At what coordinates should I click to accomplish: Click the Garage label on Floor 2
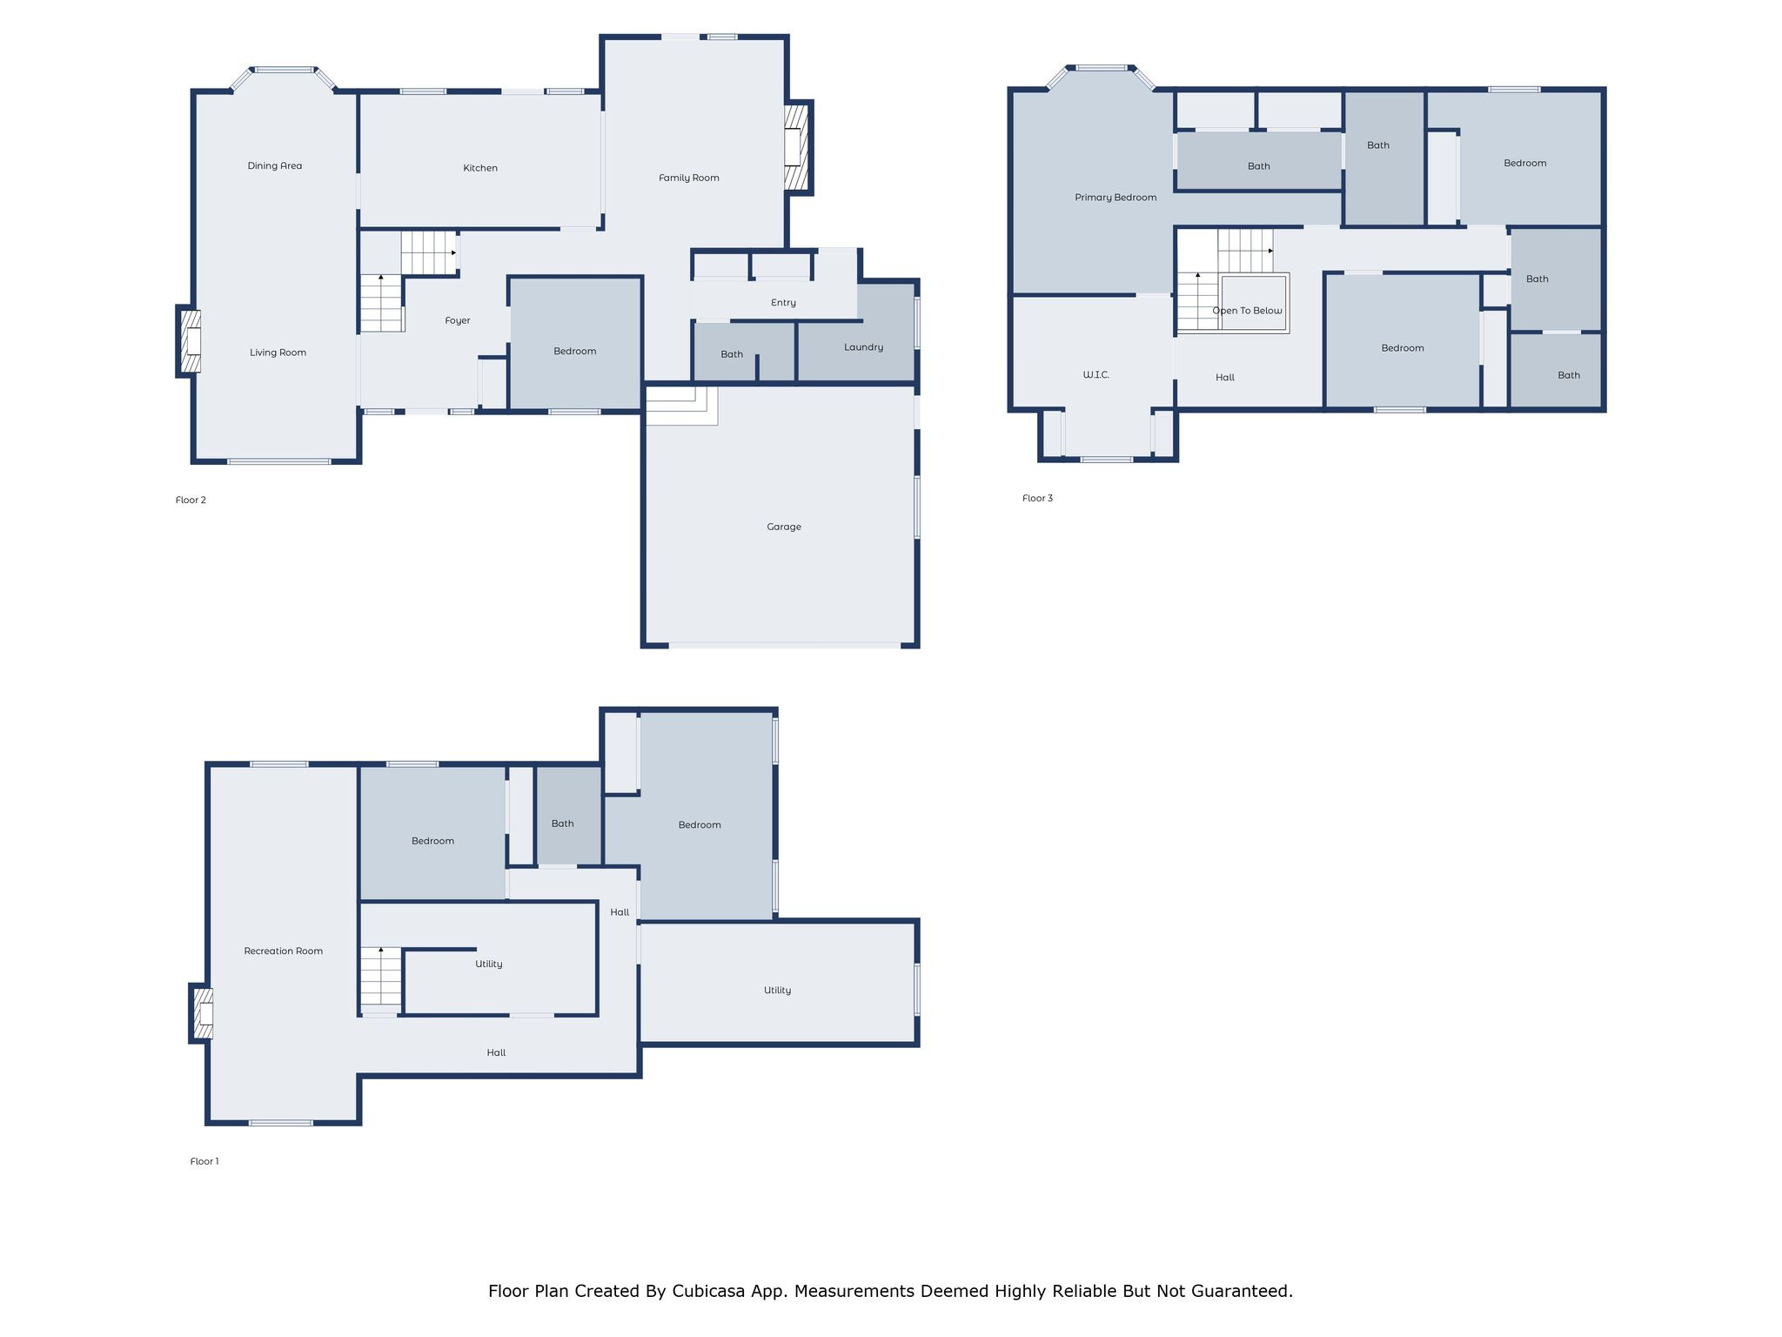[x=783, y=527]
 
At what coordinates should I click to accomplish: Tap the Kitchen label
[x=479, y=168]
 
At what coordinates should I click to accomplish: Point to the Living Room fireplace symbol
[x=191, y=341]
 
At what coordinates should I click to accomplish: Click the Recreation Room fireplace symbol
[x=203, y=1013]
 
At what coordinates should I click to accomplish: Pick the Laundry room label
[x=863, y=347]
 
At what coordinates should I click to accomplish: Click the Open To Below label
[x=1247, y=311]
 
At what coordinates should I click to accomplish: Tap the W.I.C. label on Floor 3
[x=1095, y=375]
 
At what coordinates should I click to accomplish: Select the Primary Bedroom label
[x=1115, y=198]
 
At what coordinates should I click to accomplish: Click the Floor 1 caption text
[x=204, y=1161]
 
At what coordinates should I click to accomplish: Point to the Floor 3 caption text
[x=1037, y=498]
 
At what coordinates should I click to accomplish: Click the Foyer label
[x=457, y=320]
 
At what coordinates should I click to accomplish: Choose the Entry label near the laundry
[x=783, y=303]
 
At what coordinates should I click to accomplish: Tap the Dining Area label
[x=274, y=165]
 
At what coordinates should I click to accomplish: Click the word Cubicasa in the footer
[x=707, y=1291]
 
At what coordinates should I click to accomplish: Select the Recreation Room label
[x=283, y=951]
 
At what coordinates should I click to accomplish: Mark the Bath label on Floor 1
[x=562, y=823]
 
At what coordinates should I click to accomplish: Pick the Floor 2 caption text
[x=191, y=500]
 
